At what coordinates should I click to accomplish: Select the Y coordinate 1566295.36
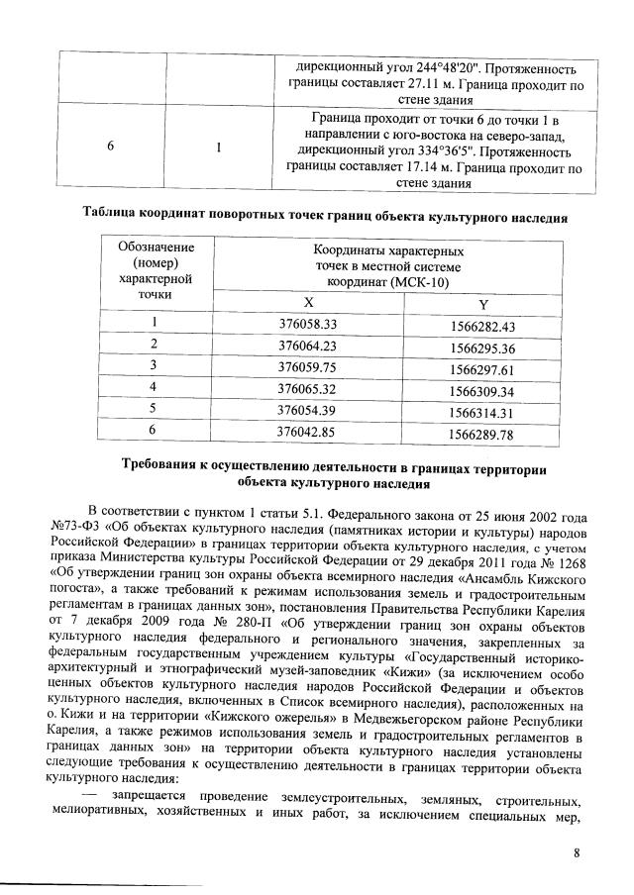click(x=483, y=348)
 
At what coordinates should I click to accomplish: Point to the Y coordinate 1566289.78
click(x=483, y=434)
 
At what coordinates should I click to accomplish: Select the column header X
click(x=308, y=302)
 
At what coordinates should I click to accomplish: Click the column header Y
click(x=483, y=305)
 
